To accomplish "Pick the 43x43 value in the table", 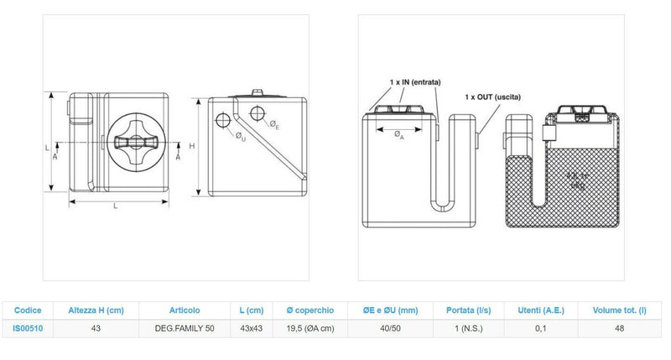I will pos(252,328).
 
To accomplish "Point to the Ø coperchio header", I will pos(310,310).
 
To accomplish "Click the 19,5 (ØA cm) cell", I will pos(310,328).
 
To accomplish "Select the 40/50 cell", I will pos(390,328).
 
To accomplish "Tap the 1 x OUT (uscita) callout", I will pos(493,97).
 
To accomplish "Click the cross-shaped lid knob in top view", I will pos(138,143).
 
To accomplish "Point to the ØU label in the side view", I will pos(240,135).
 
